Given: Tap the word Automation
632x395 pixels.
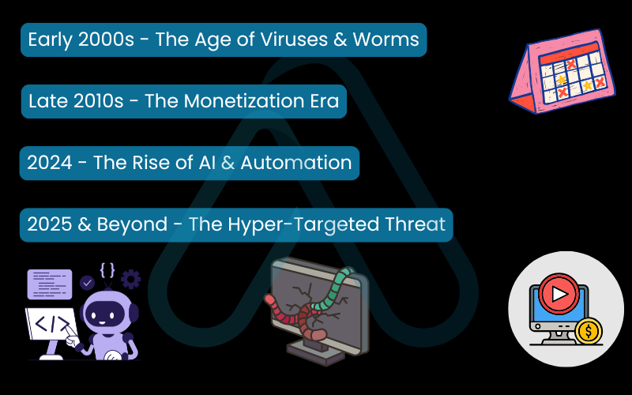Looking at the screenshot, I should point(300,163).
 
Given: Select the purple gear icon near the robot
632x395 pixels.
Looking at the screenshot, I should point(130,279).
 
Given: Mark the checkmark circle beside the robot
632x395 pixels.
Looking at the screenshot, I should point(87,281).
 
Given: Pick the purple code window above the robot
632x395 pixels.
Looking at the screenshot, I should point(50,284).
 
